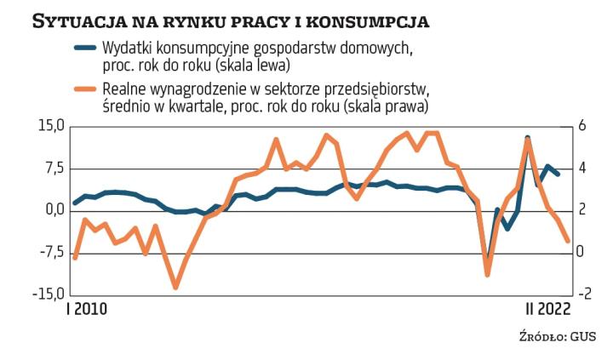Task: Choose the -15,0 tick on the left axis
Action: tap(48, 294)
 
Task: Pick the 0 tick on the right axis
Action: tap(581, 252)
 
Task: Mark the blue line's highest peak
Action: tap(528, 138)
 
